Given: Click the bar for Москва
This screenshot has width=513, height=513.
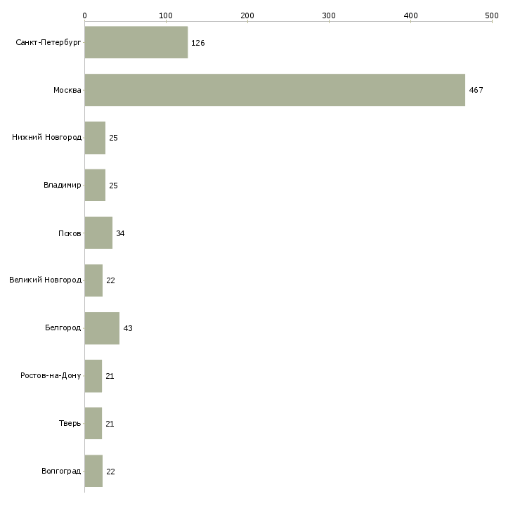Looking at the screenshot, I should point(275,90).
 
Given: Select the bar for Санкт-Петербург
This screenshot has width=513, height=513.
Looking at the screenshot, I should point(136,42).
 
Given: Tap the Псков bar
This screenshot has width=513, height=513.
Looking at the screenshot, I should point(98,233).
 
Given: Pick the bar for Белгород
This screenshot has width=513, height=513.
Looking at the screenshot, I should point(102,328).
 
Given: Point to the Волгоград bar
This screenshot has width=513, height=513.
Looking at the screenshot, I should point(93,471).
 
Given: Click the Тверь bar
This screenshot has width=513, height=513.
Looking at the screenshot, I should point(93,423).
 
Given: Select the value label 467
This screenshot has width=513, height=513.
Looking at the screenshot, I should point(476,90).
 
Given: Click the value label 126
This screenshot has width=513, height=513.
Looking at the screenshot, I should point(197,43).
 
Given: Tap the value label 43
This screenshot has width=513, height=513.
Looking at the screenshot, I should point(127,328).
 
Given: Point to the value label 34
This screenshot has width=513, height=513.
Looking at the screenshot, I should point(120,233).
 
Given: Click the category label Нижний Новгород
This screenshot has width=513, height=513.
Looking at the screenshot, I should point(46,138).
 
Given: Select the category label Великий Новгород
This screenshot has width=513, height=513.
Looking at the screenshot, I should point(45,280).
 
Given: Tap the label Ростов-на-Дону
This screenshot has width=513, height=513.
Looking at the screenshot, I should point(51,376).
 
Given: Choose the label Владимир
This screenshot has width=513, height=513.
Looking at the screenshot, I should point(62,186).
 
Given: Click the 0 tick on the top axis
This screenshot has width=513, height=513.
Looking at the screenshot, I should point(84,15).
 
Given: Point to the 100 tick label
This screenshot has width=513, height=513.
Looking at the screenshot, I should point(166,15).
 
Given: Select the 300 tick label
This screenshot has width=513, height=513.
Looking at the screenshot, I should point(329,15).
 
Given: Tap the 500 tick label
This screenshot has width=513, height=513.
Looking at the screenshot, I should point(492,15).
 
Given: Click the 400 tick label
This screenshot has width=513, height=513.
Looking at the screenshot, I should point(410,15).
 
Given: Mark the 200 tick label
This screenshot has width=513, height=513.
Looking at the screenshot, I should point(247,15).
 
